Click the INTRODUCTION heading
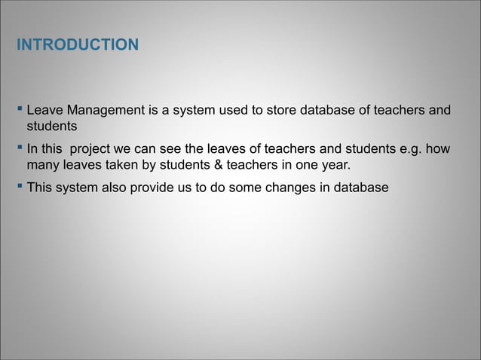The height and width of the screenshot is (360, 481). (x=78, y=47)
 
